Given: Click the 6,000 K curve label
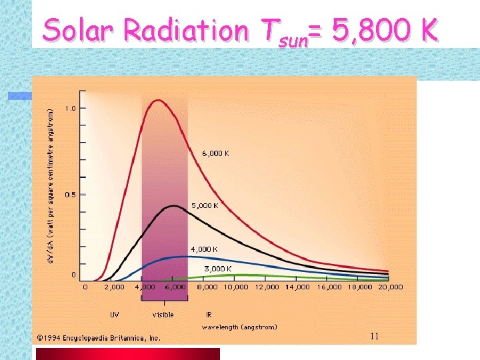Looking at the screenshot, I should point(215,153).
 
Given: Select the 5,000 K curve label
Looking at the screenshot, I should point(205,205).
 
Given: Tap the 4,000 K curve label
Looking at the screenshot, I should point(204,249).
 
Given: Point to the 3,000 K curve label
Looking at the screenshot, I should point(218,269).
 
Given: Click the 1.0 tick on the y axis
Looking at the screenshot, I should point(70,108).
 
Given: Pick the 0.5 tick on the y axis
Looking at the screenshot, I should point(70,195).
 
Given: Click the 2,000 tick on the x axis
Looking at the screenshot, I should point(114,287).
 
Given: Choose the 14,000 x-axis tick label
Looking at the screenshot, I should point(297,287).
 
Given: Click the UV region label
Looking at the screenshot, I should point(115,315).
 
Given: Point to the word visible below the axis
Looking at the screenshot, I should point(163,315).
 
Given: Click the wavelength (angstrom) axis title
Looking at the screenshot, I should point(239,327).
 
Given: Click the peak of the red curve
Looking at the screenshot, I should point(158,101).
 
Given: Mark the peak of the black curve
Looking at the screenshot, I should point(173,206).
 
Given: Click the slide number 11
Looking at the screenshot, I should point(375,337).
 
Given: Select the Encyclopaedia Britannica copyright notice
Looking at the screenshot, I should point(99,338).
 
